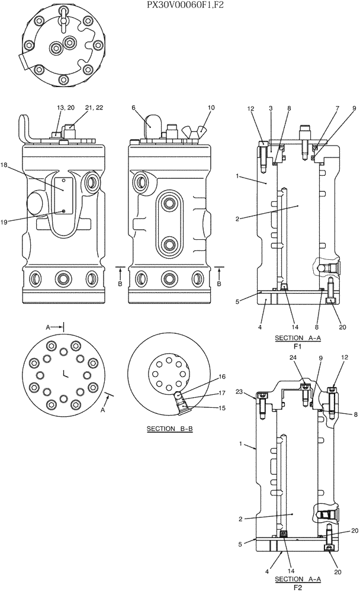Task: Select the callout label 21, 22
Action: (x=94, y=108)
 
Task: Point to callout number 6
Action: (x=134, y=108)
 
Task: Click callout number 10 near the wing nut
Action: (x=211, y=108)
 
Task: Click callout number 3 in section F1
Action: (x=270, y=108)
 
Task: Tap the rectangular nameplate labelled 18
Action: (x=63, y=194)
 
